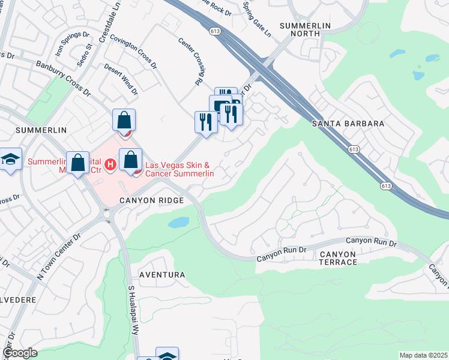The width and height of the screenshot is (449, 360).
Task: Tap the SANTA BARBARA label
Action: click(x=348, y=123)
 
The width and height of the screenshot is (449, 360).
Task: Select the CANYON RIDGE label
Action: click(x=151, y=200)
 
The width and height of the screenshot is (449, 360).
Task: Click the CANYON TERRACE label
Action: click(x=338, y=259)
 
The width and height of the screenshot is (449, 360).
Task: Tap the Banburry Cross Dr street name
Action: click(x=62, y=79)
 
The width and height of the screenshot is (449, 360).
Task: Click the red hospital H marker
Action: click(x=110, y=163)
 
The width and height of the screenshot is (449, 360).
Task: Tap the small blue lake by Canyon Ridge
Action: click(x=178, y=223)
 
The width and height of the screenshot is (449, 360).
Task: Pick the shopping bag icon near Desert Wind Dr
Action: click(x=124, y=120)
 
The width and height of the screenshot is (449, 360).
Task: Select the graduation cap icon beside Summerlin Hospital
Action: click(x=10, y=160)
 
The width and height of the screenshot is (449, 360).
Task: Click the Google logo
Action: click(x=19, y=353)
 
